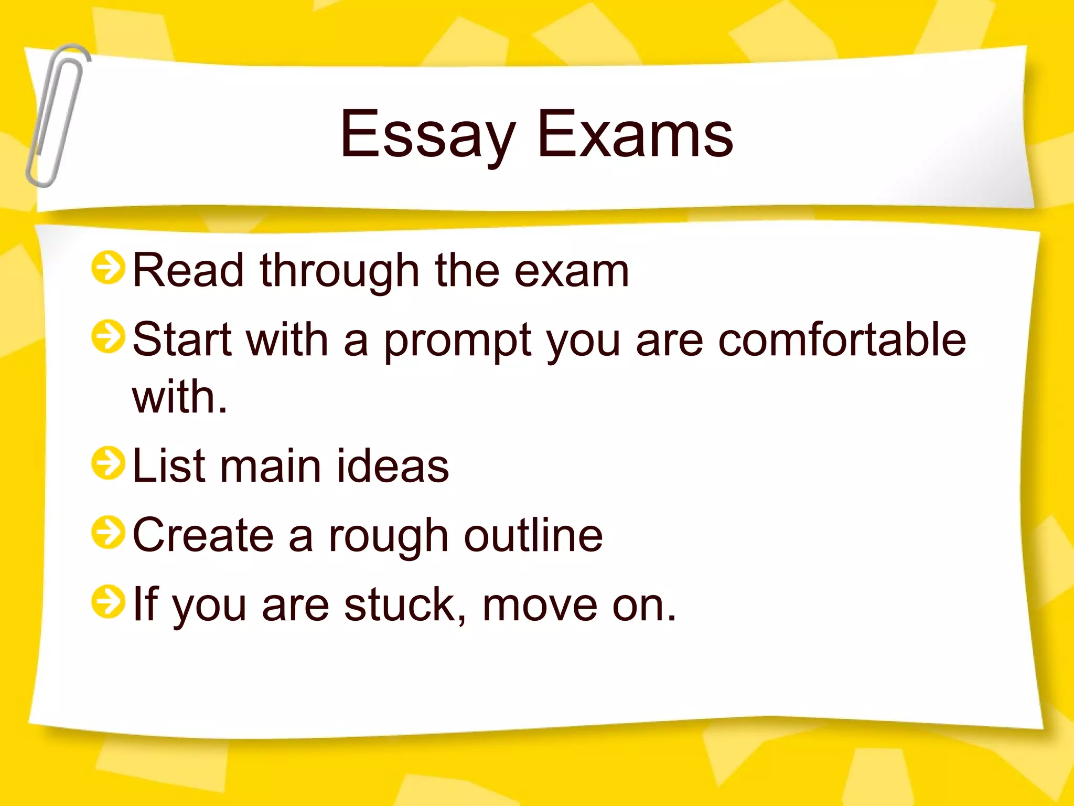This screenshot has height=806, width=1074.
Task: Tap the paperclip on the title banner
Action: (57, 115)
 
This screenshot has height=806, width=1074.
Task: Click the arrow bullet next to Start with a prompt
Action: (108, 337)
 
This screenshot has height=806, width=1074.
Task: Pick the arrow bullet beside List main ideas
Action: (108, 463)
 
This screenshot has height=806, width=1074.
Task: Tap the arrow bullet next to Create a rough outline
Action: (108, 533)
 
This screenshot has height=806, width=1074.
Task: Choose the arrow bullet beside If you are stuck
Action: (108, 602)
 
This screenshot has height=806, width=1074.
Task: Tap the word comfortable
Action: (842, 340)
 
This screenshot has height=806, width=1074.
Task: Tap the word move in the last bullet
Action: (540, 606)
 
